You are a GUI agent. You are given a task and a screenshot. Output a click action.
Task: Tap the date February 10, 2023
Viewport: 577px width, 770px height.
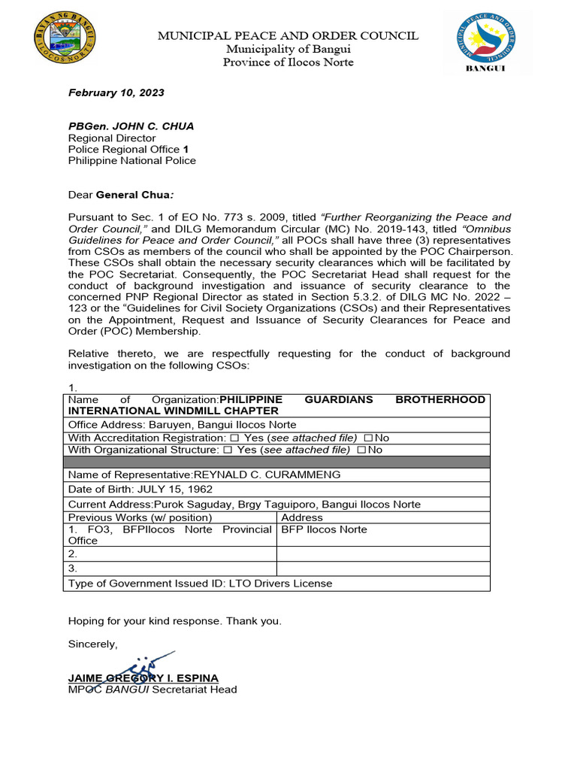116,93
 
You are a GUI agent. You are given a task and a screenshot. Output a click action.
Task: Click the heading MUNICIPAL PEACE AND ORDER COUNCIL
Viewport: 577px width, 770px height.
288,36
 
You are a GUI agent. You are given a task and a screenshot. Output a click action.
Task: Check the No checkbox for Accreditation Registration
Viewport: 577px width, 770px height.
368,438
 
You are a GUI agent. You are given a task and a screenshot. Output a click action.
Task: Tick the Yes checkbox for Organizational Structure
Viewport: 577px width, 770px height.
228,450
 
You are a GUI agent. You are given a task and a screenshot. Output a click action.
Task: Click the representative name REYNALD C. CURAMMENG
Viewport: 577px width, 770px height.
267,474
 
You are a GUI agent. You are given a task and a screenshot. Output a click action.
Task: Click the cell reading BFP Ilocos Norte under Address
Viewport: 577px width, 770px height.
324,529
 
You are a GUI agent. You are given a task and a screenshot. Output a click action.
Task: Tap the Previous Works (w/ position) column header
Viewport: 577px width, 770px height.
140,517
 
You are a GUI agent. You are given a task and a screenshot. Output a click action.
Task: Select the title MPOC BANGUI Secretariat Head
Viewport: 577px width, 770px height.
153,690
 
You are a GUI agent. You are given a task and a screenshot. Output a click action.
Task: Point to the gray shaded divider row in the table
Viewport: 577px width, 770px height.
276,462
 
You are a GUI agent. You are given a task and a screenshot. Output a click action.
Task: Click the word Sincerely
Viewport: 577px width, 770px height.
93,644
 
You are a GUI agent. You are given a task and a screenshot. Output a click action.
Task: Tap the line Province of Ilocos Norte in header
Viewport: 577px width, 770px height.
288,62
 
